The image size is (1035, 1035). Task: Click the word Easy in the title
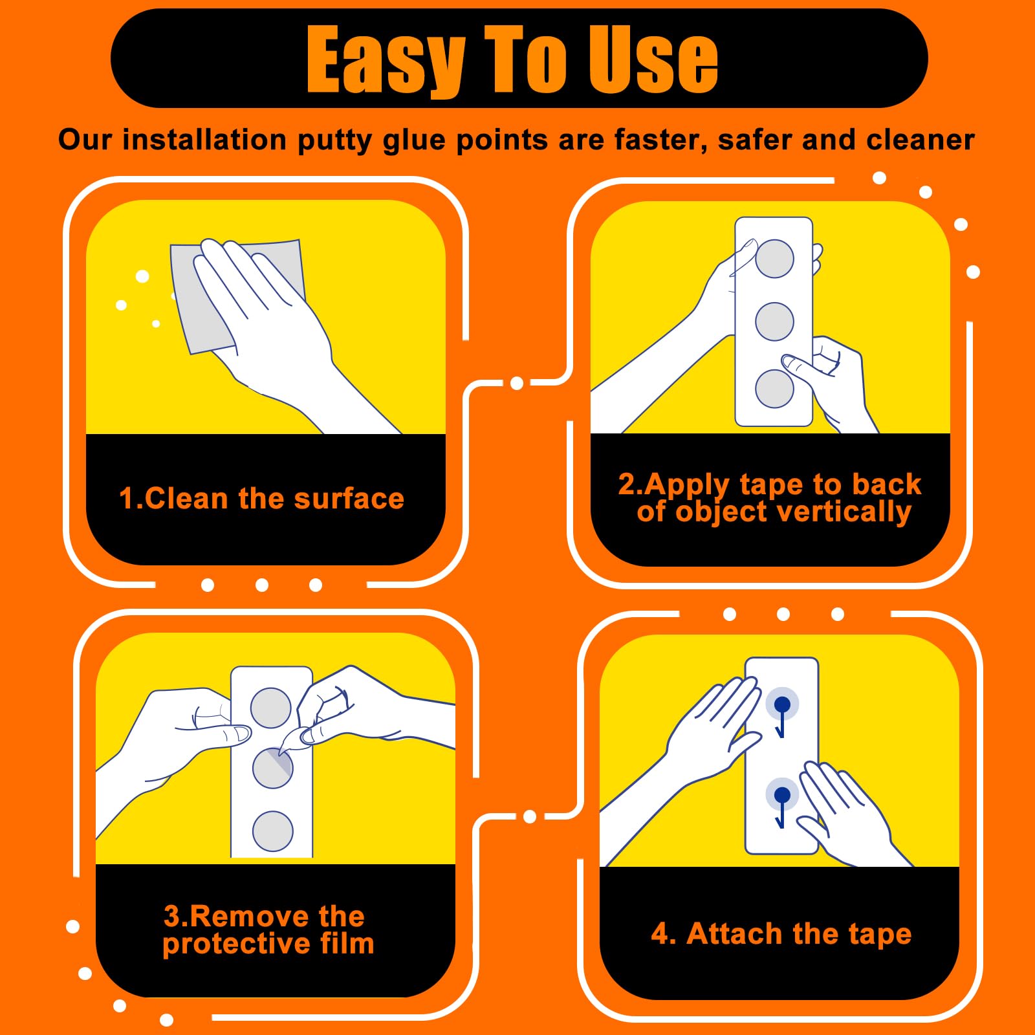(x=386, y=60)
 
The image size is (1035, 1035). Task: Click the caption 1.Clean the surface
(x=261, y=499)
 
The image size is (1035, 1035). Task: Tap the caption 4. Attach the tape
(x=781, y=933)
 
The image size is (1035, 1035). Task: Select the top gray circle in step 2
(x=774, y=259)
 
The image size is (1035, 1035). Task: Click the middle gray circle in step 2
(x=774, y=321)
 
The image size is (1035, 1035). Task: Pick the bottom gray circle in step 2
(x=774, y=389)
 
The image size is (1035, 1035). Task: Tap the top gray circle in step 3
(x=270, y=708)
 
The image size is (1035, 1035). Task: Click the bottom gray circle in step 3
(x=272, y=831)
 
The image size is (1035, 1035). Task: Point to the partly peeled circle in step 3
(x=272, y=768)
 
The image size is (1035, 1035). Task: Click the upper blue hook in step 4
(x=781, y=716)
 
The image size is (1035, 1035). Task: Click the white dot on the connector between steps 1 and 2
(x=517, y=384)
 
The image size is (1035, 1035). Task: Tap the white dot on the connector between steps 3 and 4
(x=530, y=816)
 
